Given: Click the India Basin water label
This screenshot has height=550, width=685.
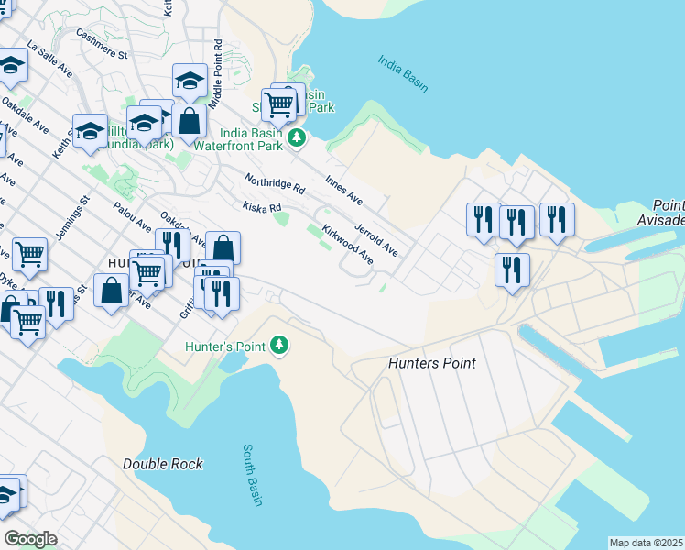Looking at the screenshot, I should [x=403, y=73].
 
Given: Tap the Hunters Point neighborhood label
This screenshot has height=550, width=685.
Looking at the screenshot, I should [x=431, y=363].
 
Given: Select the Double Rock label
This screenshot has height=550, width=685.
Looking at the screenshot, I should [x=163, y=464].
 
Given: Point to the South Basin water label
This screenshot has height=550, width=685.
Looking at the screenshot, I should [x=253, y=475].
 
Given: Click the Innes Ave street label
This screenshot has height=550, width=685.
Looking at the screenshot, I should [x=344, y=188].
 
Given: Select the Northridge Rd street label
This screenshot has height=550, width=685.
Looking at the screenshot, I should [x=274, y=183].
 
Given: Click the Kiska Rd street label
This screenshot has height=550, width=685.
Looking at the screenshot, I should [x=262, y=208].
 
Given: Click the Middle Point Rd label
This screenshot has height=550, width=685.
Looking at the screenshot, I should [x=216, y=74].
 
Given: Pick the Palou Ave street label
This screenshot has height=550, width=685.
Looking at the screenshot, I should [x=132, y=217].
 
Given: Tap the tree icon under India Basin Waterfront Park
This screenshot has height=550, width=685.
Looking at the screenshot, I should [x=296, y=137].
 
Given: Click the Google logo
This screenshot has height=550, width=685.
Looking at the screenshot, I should [x=30, y=539].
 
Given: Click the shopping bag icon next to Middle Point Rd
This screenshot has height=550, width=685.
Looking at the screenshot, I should [x=189, y=121].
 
